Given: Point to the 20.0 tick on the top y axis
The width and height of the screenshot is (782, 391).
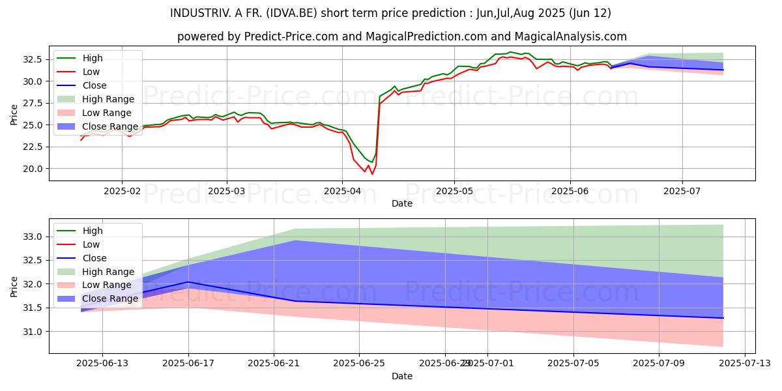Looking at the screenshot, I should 33,169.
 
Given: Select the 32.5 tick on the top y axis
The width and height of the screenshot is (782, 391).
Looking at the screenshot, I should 33,59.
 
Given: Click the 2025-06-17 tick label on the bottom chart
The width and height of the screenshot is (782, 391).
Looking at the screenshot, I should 188,364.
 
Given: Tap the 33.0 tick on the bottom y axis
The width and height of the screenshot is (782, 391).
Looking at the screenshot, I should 33,237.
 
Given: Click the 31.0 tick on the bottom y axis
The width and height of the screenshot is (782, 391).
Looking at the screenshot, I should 33,332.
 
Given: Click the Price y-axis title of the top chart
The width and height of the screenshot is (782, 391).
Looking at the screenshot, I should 14,115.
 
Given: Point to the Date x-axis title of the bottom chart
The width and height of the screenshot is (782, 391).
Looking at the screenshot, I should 402,376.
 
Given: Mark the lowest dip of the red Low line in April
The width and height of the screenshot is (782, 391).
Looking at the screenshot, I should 372,174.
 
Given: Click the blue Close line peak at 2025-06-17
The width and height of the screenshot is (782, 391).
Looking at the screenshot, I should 188,282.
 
